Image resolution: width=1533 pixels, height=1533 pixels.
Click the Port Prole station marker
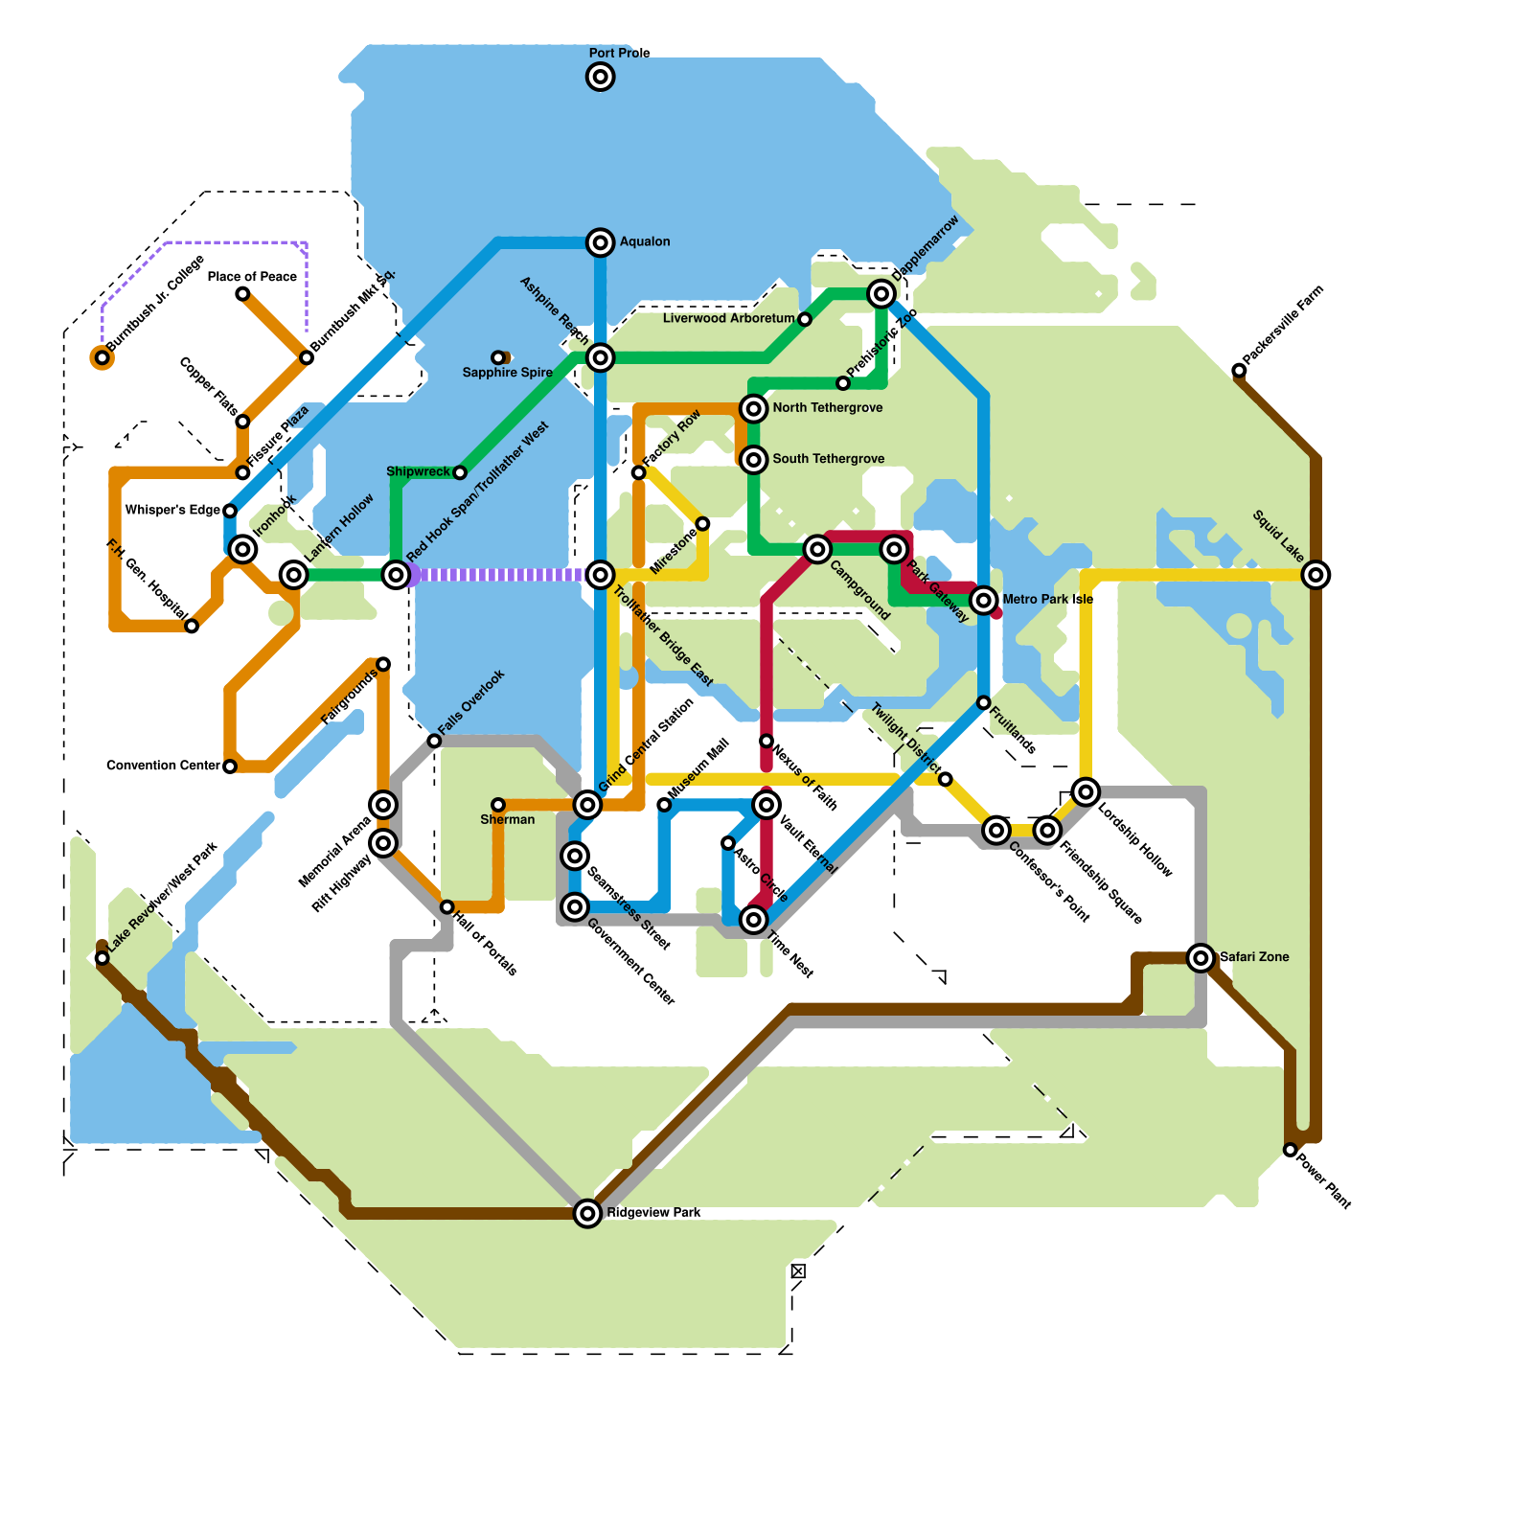[601, 77]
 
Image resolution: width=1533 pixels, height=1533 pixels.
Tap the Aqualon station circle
[601, 242]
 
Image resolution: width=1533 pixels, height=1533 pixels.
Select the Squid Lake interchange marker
[1316, 575]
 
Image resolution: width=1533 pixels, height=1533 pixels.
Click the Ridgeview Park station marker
[587, 1213]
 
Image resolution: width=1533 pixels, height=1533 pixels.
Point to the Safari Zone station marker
[1201, 957]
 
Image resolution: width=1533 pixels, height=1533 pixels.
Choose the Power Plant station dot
[1291, 1150]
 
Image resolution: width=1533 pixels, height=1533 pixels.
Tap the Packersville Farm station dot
[1239, 371]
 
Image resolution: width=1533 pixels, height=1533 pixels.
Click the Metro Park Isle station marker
[984, 601]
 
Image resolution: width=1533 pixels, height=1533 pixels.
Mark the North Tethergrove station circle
[754, 409]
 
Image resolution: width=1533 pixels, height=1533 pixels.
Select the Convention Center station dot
[230, 766]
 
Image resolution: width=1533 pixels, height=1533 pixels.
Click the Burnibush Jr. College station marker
[103, 358]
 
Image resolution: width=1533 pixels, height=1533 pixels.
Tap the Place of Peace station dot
[242, 294]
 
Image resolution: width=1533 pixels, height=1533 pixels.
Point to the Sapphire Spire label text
[507, 373]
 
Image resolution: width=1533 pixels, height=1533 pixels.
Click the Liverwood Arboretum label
[728, 318]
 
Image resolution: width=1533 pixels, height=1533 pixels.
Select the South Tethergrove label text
[828, 459]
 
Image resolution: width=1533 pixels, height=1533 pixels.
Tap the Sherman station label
[507, 819]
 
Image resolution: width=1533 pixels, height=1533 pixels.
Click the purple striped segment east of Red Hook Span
[498, 575]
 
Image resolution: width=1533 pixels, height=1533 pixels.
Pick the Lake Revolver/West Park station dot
[103, 958]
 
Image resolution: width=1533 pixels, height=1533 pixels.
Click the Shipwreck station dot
[460, 472]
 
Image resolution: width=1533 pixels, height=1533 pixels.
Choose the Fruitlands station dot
[984, 703]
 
